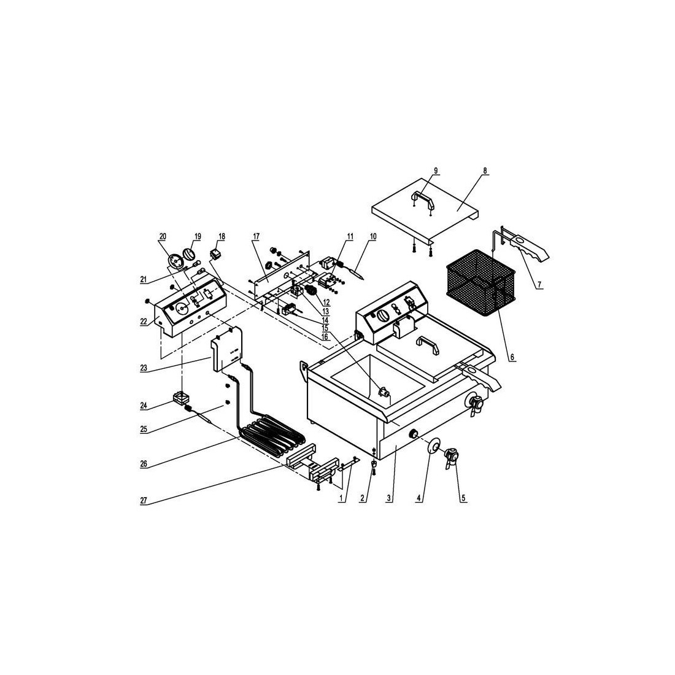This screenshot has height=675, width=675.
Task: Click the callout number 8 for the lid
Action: (485, 171)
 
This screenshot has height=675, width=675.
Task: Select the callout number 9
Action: (436, 171)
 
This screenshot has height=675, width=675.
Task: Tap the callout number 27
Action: (144, 501)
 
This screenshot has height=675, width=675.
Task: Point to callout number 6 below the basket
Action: (512, 357)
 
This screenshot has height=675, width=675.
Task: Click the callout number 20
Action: (163, 236)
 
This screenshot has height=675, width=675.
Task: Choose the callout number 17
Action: (256, 236)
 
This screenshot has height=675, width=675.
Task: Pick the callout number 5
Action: (464, 498)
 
